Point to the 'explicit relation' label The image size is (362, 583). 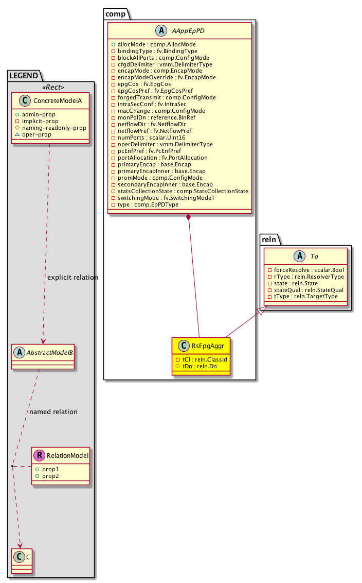click(72, 278)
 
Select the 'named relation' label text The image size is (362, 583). click(53, 412)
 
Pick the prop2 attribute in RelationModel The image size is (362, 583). click(47, 477)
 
